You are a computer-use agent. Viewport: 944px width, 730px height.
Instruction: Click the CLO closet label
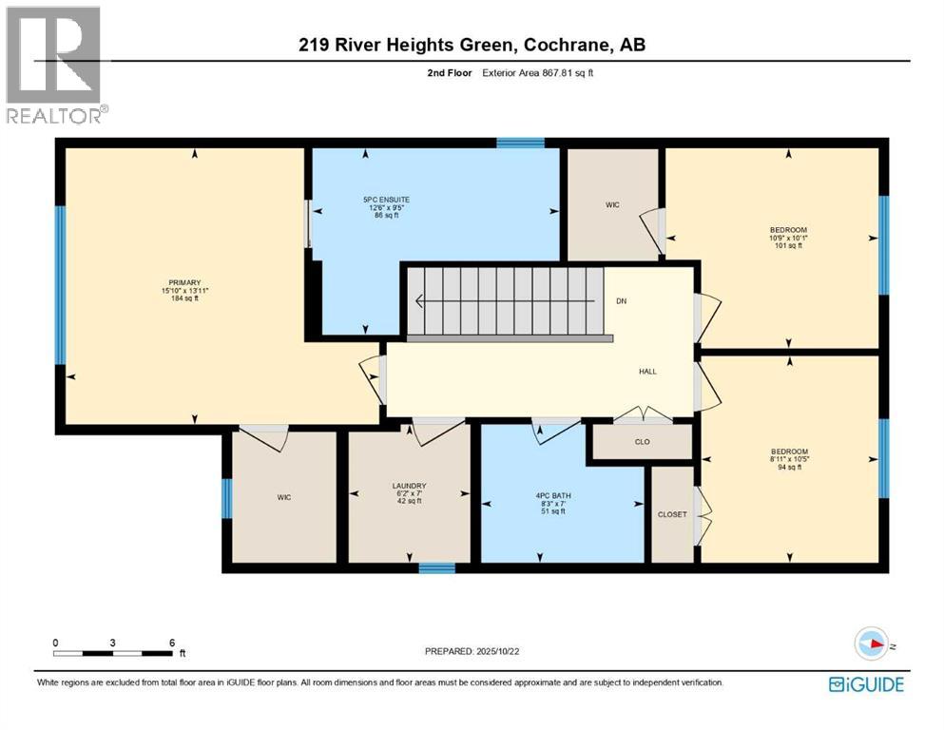(x=641, y=442)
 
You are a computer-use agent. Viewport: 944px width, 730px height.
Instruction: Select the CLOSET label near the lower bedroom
(x=671, y=514)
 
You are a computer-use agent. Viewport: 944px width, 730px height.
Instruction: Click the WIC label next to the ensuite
(x=612, y=204)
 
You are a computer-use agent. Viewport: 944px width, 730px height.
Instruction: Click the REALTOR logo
(x=55, y=65)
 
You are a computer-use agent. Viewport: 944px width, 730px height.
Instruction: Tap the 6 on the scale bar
(x=171, y=643)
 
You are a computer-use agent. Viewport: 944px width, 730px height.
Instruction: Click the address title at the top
(x=472, y=45)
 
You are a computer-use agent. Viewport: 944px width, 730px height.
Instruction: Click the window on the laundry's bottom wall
(x=436, y=568)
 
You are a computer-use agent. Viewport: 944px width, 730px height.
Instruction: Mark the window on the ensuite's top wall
(x=520, y=143)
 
